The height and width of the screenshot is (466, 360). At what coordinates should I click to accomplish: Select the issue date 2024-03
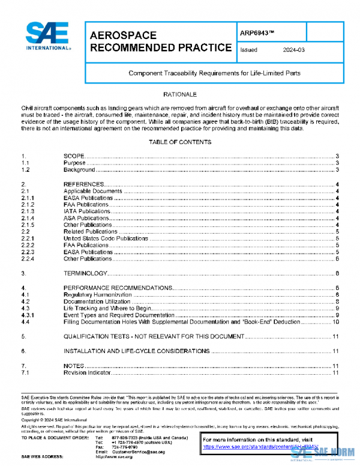(292, 50)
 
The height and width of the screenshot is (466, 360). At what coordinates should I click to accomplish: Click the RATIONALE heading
(180, 95)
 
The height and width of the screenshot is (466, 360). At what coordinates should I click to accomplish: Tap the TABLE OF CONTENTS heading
(180, 142)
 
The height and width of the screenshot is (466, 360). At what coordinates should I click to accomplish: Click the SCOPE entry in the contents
(74, 156)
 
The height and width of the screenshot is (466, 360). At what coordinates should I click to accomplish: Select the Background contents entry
(79, 170)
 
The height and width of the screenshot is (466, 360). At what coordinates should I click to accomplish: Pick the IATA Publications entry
(87, 211)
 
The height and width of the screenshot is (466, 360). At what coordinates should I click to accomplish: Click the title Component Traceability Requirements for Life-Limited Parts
(214, 73)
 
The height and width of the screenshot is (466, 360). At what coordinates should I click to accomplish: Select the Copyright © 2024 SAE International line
(53, 420)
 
